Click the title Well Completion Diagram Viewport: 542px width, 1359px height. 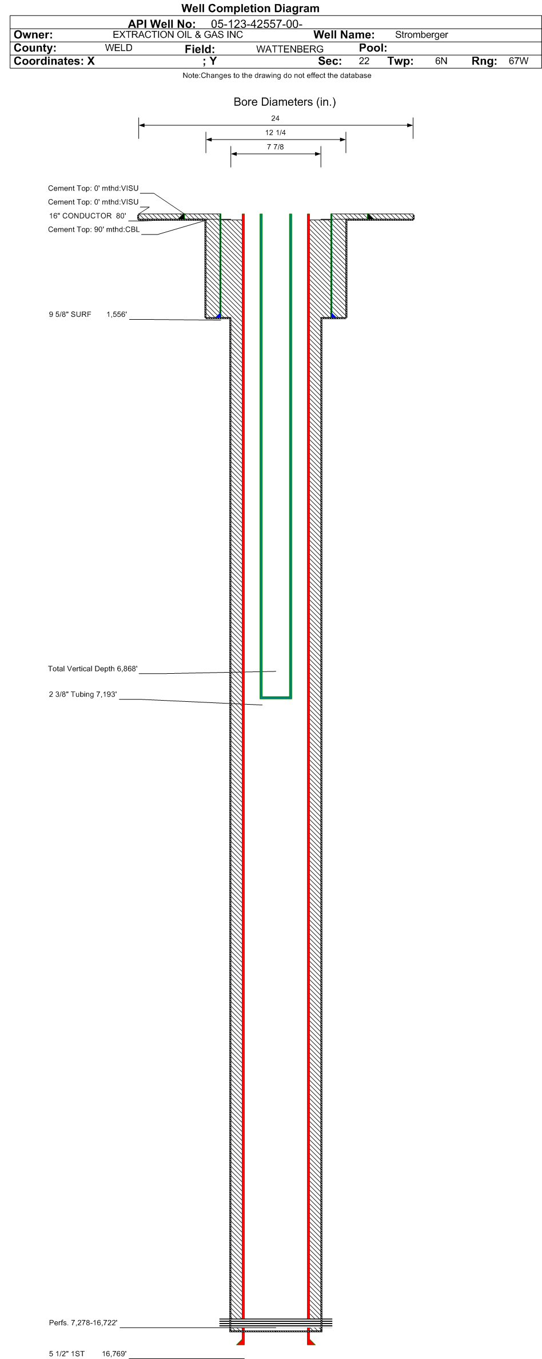pos(250,9)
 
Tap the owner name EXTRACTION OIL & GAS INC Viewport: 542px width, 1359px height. pos(178,35)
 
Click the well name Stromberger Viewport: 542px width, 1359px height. pos(421,35)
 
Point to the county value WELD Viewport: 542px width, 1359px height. pos(119,48)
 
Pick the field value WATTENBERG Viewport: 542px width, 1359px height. pos(290,49)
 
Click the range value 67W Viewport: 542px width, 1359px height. pos(518,61)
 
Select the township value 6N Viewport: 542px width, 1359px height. pos(441,61)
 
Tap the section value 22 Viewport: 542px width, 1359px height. pos(364,61)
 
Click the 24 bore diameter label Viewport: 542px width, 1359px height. pos(276,118)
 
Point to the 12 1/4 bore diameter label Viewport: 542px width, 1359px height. pos(276,133)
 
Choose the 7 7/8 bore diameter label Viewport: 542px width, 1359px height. pos(276,147)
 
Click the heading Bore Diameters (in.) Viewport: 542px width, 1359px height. pos(284,102)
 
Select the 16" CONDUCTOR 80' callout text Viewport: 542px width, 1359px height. pos(87,216)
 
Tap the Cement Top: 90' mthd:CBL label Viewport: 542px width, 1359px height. pos(94,229)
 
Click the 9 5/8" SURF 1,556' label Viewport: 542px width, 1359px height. pos(87,315)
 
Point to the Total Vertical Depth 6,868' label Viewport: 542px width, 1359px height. pos(93,669)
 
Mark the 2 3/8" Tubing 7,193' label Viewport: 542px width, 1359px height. pos(83,694)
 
